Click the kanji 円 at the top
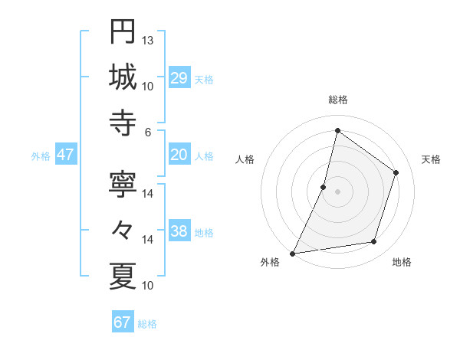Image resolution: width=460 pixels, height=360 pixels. tap(123, 31)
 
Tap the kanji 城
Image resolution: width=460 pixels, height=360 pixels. tap(123, 77)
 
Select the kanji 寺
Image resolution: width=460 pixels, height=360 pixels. tap(123, 123)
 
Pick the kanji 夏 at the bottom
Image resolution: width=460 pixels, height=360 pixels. tap(123, 276)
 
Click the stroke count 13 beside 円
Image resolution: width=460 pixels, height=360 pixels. tap(148, 40)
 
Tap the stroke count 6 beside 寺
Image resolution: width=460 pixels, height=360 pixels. tap(148, 132)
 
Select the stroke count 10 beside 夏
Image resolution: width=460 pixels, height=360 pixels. tap(148, 286)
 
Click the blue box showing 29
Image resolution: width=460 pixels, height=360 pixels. tap(179, 78)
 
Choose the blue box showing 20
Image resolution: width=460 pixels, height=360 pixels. tap(179, 155)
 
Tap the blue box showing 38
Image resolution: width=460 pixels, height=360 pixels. tap(179, 232)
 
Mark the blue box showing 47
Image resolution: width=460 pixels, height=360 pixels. tap(65, 155)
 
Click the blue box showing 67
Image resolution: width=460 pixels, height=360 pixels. tap(122, 322)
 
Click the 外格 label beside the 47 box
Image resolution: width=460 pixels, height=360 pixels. tap(41, 156)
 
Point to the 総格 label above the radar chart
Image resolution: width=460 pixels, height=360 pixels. tap(337, 100)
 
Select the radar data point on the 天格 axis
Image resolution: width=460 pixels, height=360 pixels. tap(396, 172)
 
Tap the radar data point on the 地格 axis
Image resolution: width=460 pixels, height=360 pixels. tap(374, 242)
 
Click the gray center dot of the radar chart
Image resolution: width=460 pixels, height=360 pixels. tap(337, 191)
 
